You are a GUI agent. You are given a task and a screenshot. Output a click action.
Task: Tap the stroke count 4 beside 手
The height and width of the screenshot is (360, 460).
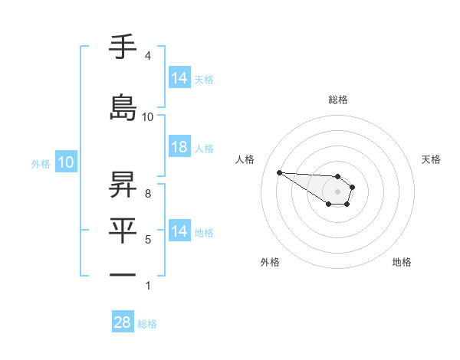pos(147,56)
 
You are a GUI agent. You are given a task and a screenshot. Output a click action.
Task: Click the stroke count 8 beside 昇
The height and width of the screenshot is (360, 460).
pos(147,194)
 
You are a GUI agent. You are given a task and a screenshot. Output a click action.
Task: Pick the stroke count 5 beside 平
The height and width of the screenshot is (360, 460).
pos(147,240)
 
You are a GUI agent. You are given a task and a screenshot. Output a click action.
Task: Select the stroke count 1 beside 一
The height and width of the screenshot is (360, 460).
pos(147,286)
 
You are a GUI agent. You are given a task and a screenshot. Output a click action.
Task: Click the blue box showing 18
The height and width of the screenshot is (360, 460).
pos(179,147)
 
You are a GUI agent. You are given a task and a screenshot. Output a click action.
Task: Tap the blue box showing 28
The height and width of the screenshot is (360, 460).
pos(123,322)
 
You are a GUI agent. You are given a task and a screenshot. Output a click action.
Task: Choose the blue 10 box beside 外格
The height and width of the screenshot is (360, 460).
pos(66,162)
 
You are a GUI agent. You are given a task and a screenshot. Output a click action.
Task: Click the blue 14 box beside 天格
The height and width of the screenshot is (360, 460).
pos(179,77)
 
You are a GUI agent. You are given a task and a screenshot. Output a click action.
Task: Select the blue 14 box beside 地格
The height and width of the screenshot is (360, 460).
pos(179,231)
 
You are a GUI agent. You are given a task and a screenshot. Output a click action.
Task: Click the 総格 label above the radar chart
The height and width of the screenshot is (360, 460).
pos(338,100)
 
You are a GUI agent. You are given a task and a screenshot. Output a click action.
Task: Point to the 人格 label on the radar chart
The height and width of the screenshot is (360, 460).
pos(245,159)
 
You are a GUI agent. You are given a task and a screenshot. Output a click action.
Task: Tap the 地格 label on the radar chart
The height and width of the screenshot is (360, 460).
pos(402,262)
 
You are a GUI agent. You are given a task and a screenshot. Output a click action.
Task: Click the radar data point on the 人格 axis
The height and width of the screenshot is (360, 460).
pos(279,172)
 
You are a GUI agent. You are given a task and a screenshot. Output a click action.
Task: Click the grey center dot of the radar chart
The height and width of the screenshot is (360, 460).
pos(338,191)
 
